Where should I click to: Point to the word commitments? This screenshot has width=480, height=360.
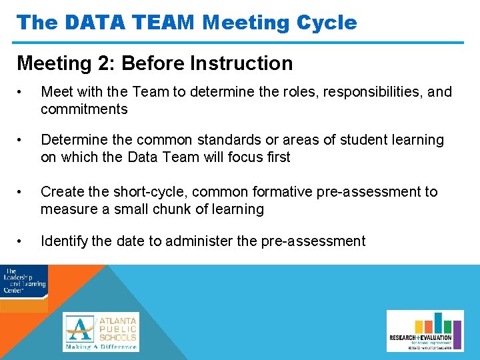[84, 109]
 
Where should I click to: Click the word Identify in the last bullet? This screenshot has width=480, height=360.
[64, 241]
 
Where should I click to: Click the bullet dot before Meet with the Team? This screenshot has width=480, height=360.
[22, 92]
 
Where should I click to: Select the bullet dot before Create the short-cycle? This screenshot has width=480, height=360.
[22, 192]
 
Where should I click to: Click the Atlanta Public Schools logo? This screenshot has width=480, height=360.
[101, 331]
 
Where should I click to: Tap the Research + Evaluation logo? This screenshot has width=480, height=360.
[425, 331]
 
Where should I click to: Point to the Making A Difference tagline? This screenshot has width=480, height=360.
[101, 347]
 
